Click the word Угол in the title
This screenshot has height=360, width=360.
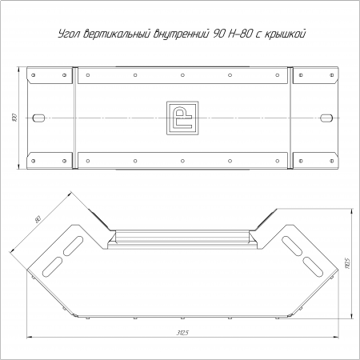coord(69,34)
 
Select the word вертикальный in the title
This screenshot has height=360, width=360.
coord(116,34)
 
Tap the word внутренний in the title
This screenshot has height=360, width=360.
coord(181,34)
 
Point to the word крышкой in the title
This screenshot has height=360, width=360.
coord(285,34)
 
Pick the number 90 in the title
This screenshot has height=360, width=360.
coord(218,34)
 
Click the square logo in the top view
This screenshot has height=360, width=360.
coord(182,118)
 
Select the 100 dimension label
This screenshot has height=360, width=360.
coord(15,118)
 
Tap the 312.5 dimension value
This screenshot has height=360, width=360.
coord(182,333)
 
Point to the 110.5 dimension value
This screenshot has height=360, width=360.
coord(347,263)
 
